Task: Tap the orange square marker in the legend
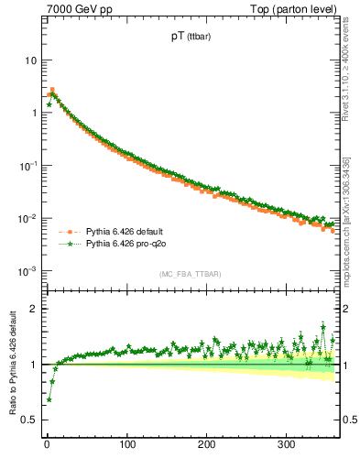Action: coord(68,231)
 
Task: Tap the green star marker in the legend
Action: coord(68,244)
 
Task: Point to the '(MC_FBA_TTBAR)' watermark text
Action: coord(188,275)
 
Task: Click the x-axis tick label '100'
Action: coord(127,444)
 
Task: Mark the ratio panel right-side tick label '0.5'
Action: coord(351,420)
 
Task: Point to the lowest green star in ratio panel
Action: coord(49,399)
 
